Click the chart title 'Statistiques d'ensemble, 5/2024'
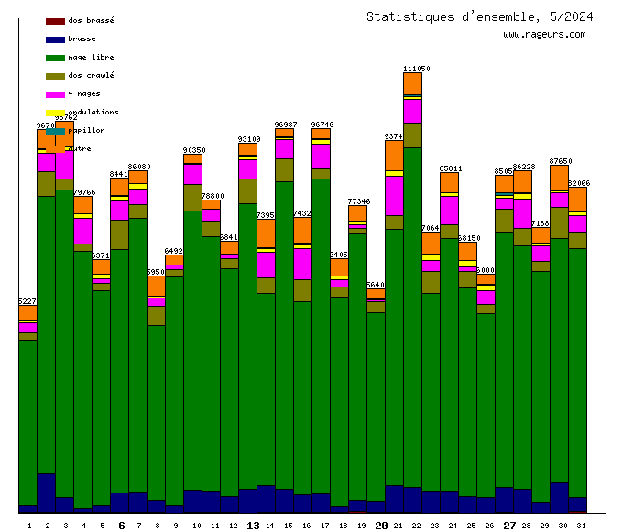tap(479, 16)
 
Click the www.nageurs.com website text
tap(544, 35)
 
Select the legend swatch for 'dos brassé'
tap(55, 20)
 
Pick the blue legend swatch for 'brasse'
tap(55, 38)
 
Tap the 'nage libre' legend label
tap(91, 57)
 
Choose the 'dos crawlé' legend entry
tap(91, 75)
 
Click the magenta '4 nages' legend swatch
tap(55, 93)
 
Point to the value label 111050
tap(417, 69)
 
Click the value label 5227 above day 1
tap(27, 301)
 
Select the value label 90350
tap(194, 149)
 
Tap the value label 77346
tap(359, 200)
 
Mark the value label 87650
tap(561, 160)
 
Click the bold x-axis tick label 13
tap(254, 526)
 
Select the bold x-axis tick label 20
tap(382, 526)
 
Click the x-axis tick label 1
tap(28, 526)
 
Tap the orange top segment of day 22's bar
tap(412, 83)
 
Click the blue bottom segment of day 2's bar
tap(46, 493)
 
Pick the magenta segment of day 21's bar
tap(394, 195)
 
